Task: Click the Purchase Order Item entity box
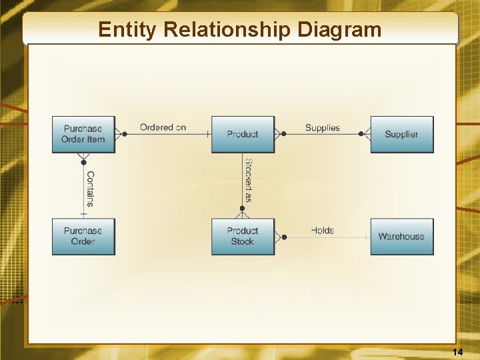click(x=83, y=134)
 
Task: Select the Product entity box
click(x=243, y=134)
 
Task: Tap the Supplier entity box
click(x=401, y=134)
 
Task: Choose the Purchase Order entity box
click(x=83, y=236)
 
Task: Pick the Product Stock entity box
click(x=243, y=236)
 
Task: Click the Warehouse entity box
click(x=401, y=236)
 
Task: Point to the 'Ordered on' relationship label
click(x=163, y=127)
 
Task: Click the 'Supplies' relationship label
click(x=323, y=127)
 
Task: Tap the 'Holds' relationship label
click(x=323, y=230)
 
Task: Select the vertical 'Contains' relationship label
click(x=90, y=189)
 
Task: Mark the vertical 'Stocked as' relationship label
click(x=248, y=180)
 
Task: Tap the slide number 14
click(x=457, y=351)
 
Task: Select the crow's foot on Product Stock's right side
click(x=280, y=236)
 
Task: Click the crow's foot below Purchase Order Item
click(x=83, y=158)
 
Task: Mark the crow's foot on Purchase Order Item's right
click(x=120, y=134)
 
